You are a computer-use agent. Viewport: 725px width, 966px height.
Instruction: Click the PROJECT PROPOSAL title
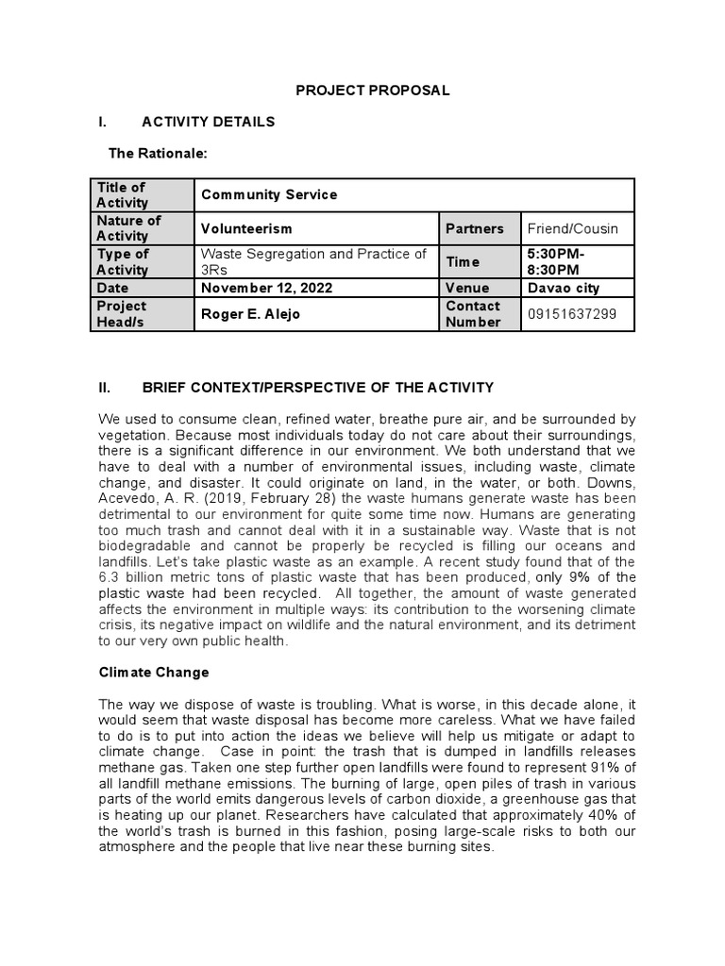pos(360,91)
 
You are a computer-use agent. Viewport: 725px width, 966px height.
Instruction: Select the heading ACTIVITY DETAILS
pos(208,122)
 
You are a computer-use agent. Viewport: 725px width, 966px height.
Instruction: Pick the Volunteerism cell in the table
pos(246,228)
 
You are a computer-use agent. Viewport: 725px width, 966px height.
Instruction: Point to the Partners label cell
pos(476,228)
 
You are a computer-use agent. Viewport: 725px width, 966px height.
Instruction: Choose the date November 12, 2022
pos(266,288)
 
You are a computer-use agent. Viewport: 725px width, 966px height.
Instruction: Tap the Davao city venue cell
pos(563,288)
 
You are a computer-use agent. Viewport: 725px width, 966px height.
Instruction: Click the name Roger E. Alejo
pos(250,314)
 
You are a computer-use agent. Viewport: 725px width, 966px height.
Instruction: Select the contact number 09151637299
pos(572,314)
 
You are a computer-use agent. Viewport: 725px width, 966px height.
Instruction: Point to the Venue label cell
pos(468,288)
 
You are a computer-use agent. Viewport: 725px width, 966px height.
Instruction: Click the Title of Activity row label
pos(122,195)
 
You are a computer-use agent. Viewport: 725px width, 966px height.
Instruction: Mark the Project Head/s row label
pos(122,314)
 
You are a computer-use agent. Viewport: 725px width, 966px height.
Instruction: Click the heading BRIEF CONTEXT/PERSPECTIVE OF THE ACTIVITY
pos(317,387)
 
